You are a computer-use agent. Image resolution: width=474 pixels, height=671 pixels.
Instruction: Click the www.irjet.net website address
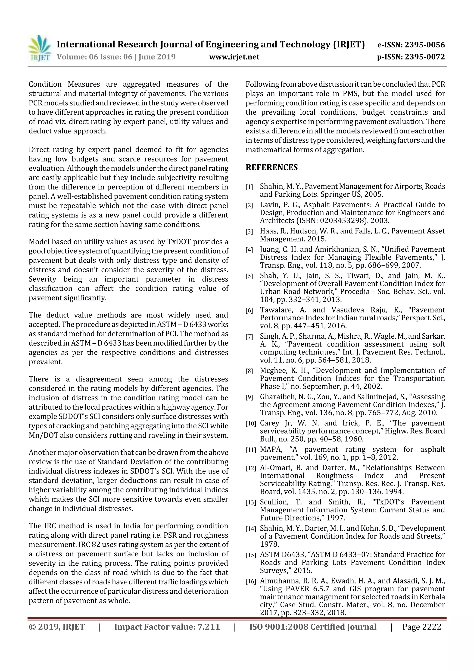(234, 57)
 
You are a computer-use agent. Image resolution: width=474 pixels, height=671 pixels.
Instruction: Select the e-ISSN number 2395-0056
(425, 45)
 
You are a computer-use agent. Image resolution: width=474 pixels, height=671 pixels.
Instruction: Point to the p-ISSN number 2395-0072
(425, 57)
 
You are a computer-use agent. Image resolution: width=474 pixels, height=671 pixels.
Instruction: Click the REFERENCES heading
(272, 167)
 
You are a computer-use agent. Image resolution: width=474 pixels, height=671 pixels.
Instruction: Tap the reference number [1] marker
(249, 187)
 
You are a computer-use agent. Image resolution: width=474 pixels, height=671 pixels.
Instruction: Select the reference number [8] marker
(249, 371)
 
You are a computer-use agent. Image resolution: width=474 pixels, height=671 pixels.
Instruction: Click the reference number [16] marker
(250, 582)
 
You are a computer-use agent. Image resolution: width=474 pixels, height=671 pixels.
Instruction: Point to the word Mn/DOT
(41, 435)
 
